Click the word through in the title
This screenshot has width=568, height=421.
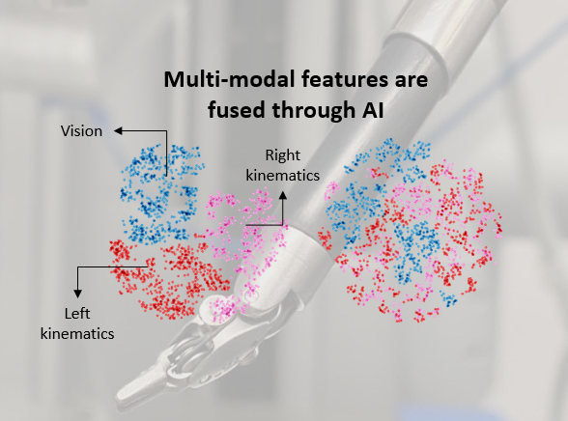tap(314, 110)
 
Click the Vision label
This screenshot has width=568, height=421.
tap(81, 131)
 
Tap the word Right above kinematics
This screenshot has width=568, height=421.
tap(282, 155)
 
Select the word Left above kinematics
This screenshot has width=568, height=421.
tap(77, 314)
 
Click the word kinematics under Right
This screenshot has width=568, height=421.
tap(282, 176)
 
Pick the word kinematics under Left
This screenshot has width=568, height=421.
tap(77, 334)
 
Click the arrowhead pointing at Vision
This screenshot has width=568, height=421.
tap(119, 130)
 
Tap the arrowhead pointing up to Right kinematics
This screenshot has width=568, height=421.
tap(282, 195)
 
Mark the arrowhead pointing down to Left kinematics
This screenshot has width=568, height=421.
tap(77, 294)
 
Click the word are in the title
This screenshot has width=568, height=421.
tap(412, 80)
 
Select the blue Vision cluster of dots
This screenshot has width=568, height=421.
tap(160, 193)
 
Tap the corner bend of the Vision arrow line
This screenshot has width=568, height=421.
tap(166, 130)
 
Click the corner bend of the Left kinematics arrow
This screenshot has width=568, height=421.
tap(77, 267)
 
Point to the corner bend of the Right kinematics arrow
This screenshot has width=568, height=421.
tap(282, 225)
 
